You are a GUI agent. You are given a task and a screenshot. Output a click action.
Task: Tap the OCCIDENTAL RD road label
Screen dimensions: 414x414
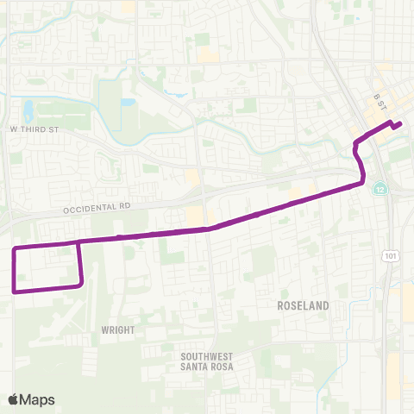(x=95, y=208)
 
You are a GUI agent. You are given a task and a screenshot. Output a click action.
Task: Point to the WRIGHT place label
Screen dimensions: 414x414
(x=117, y=329)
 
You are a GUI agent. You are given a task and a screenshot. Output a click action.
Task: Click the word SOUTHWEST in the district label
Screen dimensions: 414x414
(x=208, y=356)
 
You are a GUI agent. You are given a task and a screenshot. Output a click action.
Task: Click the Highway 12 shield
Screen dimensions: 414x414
(x=379, y=189)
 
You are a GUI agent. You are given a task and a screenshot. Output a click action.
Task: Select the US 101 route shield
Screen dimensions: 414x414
(x=391, y=256)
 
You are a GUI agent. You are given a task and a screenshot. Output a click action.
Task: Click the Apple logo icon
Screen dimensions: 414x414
(x=14, y=399)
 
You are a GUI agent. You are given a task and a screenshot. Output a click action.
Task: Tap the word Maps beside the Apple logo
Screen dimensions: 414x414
(x=39, y=399)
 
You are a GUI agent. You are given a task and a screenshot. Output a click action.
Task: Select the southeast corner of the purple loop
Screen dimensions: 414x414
(x=81, y=285)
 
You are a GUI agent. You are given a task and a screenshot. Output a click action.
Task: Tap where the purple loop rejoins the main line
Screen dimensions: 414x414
(x=78, y=242)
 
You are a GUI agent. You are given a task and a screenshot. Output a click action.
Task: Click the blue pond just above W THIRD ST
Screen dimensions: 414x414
(x=28, y=110)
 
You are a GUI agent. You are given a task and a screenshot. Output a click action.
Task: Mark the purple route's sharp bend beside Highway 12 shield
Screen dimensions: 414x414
(x=363, y=180)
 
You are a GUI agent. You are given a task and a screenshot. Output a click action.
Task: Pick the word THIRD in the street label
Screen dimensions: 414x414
(x=31, y=129)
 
